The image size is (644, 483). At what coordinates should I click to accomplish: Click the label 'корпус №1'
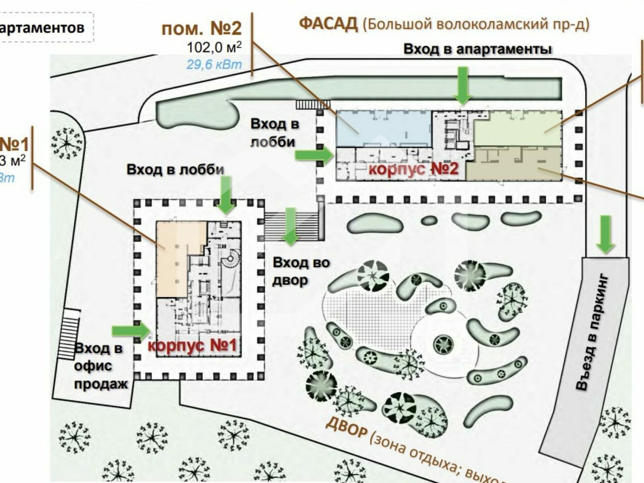[x=192, y=345]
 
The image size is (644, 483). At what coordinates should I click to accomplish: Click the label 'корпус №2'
[x=413, y=169]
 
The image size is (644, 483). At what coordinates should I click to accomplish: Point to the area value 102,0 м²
[x=214, y=48]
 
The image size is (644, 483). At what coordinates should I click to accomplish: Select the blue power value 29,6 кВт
[x=214, y=64]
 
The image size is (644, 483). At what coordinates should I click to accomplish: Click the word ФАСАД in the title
[x=328, y=24]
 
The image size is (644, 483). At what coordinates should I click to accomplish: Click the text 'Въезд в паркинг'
[x=592, y=332]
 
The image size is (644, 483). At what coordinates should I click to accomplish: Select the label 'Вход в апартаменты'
[x=477, y=49]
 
